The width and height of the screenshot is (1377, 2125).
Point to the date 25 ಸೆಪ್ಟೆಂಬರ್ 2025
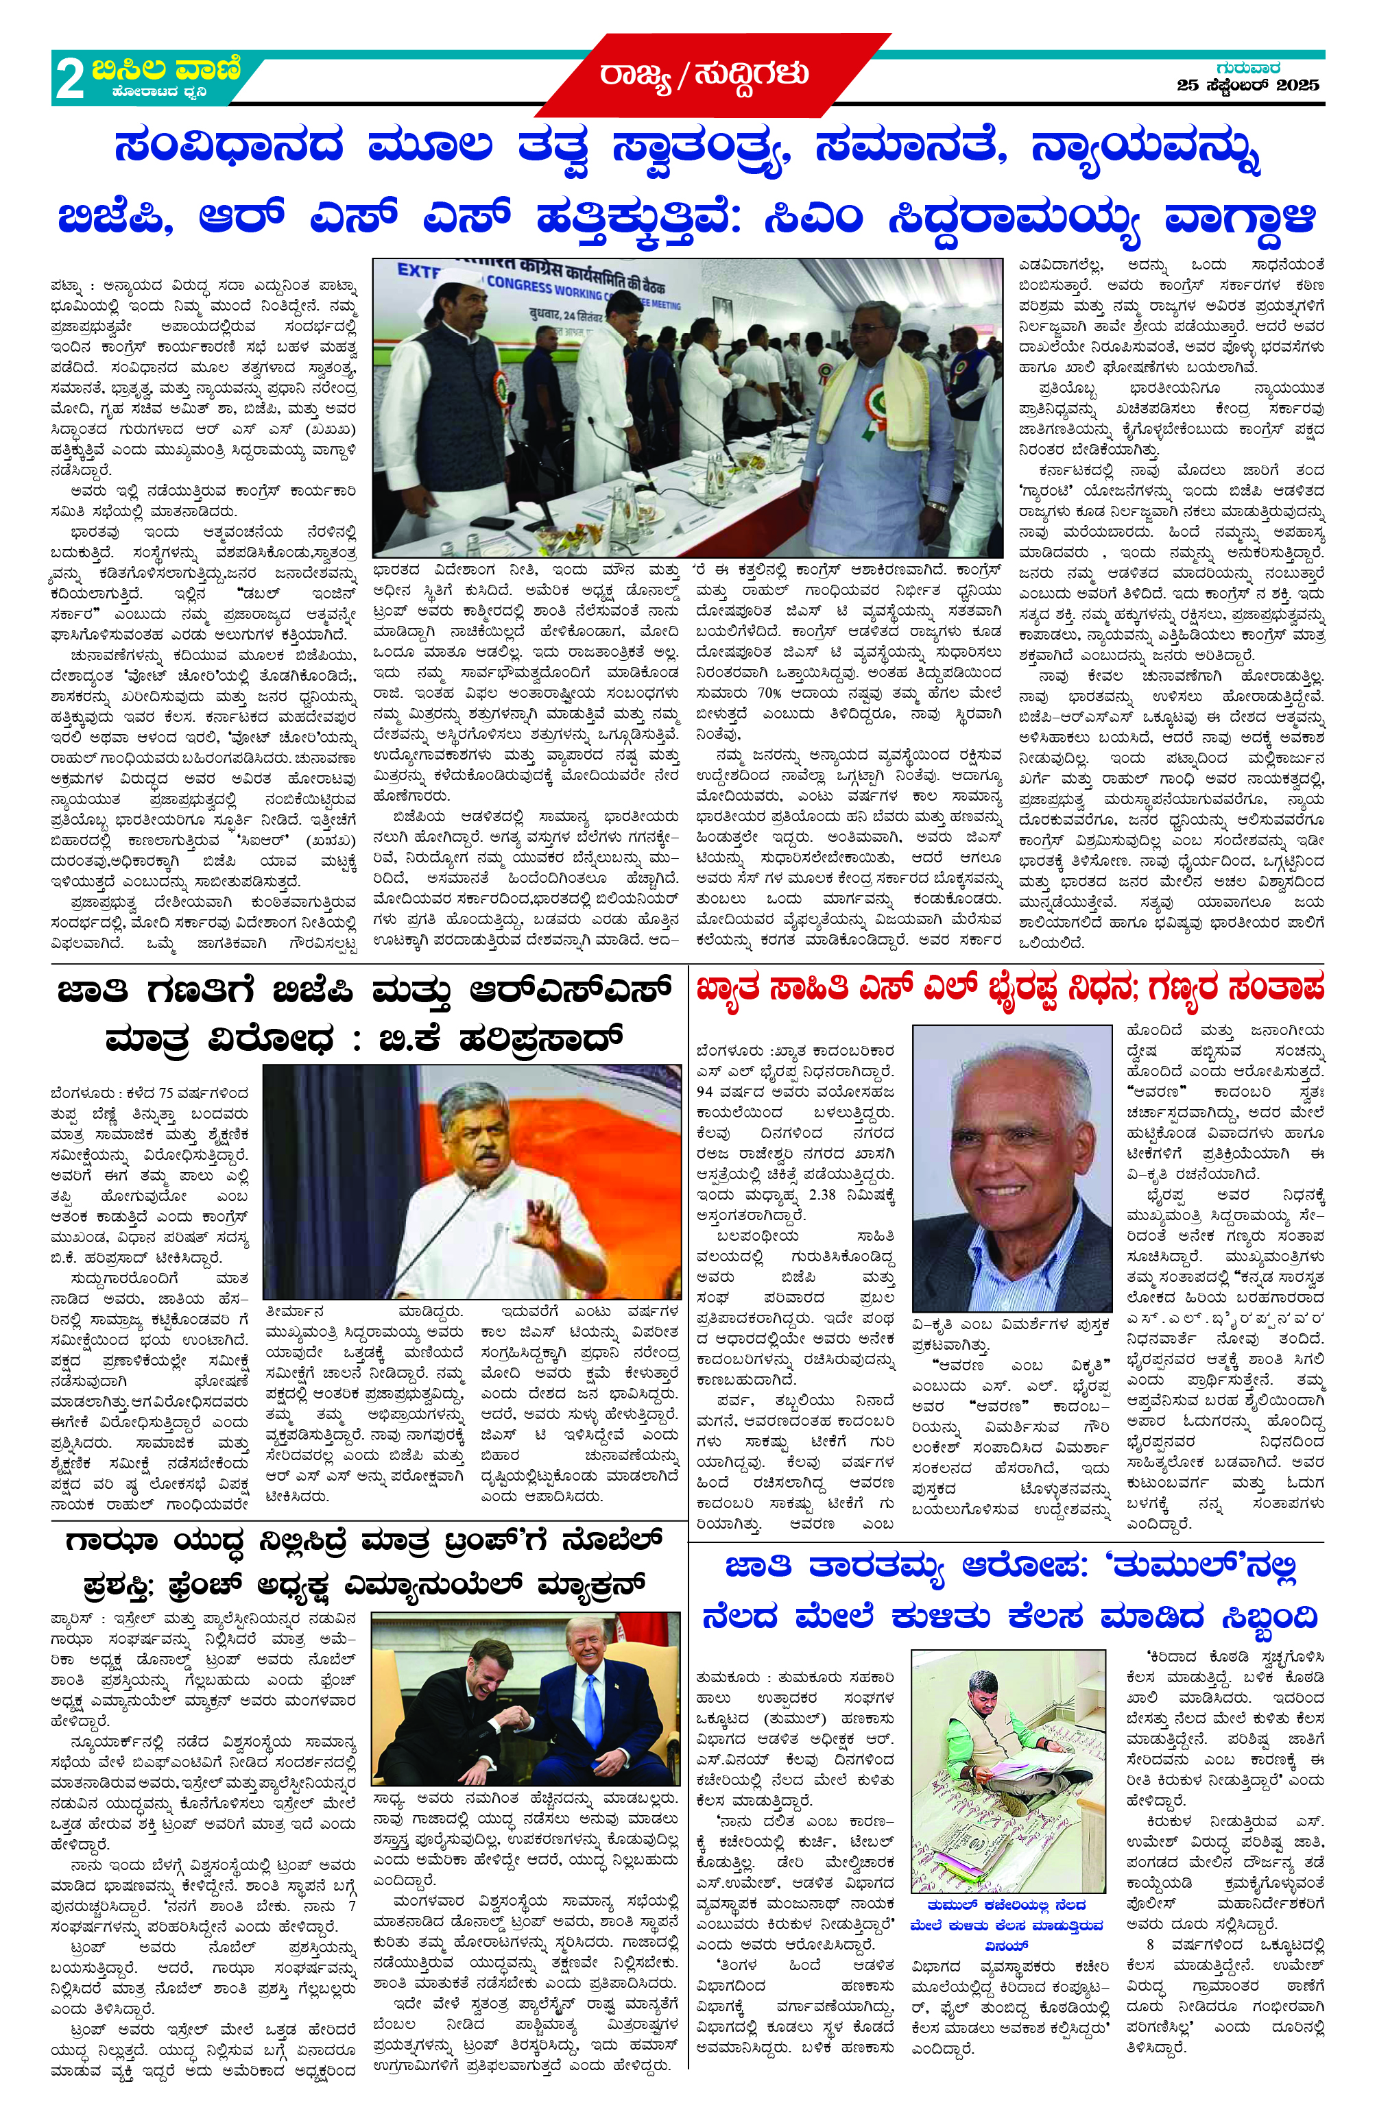pyautogui.click(x=1247, y=86)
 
